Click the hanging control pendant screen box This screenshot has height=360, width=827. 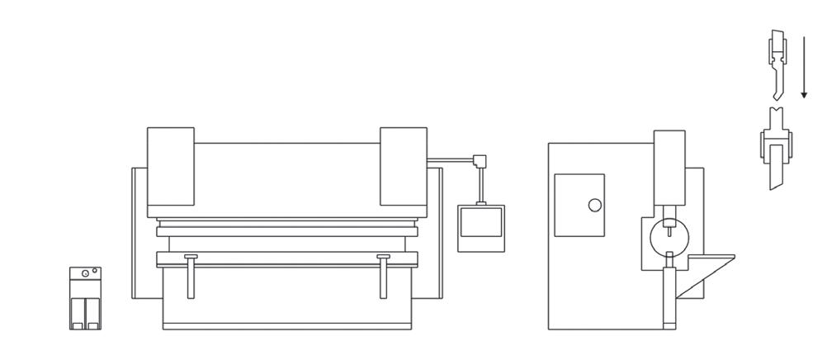[480, 227]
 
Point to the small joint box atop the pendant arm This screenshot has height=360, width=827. [479, 161]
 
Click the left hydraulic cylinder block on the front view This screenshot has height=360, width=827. [171, 166]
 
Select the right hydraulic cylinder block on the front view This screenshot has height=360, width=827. [403, 166]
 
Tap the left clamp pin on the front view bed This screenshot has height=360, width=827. [191, 277]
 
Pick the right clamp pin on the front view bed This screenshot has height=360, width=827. [384, 277]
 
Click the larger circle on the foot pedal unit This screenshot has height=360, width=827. [85, 272]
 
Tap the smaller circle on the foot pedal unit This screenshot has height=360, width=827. [95, 270]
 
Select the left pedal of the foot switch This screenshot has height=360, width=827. [77, 312]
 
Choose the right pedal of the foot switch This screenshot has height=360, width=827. [92, 312]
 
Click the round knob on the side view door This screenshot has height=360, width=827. [594, 205]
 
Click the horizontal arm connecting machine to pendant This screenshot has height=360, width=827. [450, 160]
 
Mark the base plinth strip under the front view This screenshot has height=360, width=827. [287, 322]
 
